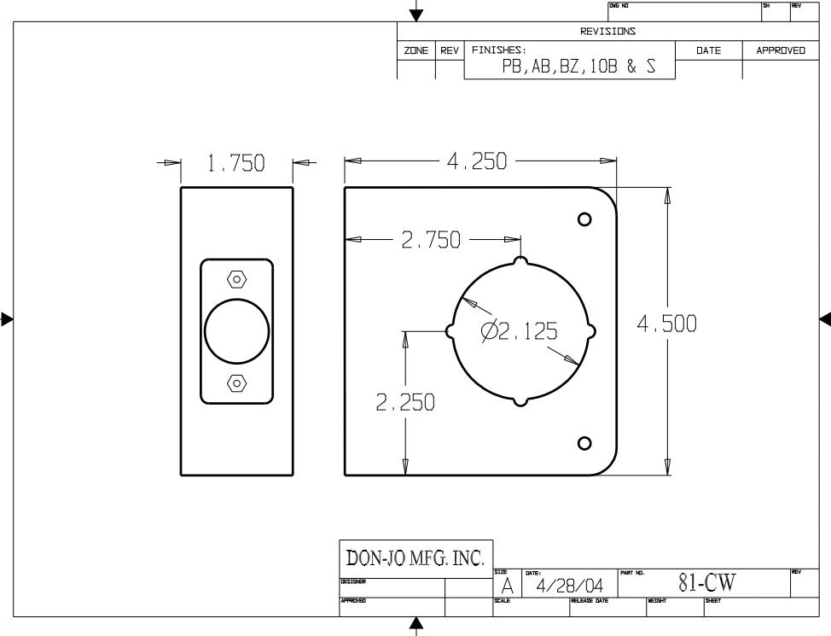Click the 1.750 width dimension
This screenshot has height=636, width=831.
pos(235,163)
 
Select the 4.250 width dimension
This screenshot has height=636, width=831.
pos(477,161)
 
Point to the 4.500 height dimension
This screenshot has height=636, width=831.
pos(666,324)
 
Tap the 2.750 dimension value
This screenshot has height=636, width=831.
pos(431,240)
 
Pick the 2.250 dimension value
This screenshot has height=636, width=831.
pos(405,403)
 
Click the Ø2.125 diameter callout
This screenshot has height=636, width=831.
pos(520,331)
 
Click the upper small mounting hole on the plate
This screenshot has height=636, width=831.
pos(584,219)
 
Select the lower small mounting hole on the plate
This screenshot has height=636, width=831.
pos(584,443)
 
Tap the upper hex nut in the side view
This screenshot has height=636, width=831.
pos(237,279)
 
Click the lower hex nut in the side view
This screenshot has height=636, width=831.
pos(237,382)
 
